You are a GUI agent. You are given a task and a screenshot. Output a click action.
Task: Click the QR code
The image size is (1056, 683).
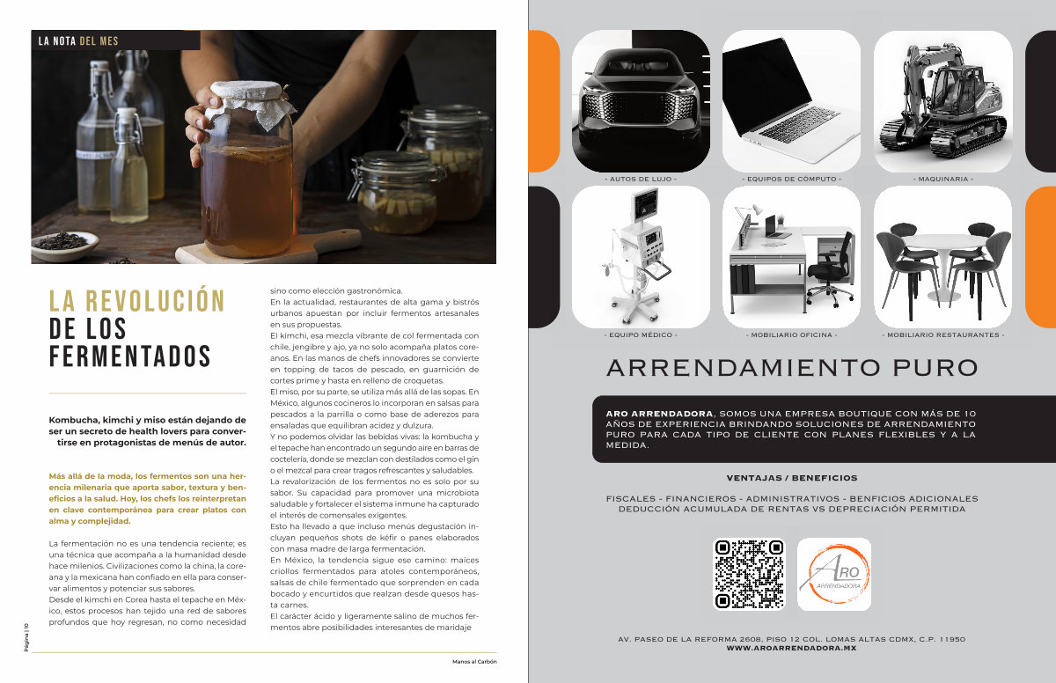coord(749,574)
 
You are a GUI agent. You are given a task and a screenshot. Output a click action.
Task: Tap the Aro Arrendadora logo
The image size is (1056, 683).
coord(834,574)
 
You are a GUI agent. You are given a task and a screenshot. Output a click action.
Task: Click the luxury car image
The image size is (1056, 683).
coord(641,101)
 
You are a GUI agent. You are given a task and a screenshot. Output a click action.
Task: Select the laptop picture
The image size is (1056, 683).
coord(791,101)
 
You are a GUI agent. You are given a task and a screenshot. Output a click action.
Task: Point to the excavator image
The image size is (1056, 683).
coord(942,101)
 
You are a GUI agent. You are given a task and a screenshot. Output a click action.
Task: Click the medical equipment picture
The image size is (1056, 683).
coord(641,257)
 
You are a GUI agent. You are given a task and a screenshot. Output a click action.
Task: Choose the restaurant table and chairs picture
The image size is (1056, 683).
coord(942,257)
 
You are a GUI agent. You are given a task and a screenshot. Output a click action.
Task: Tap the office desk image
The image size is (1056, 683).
coord(791,257)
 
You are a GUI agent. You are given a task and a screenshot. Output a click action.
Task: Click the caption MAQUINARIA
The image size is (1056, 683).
coord(942,180)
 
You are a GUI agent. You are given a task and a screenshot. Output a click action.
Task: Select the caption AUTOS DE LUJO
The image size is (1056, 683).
coord(641,180)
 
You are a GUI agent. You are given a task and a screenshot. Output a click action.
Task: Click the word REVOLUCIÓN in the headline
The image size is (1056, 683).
coord(155,301)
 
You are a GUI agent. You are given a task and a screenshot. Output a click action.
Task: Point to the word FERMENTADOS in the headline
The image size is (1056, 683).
coord(129,356)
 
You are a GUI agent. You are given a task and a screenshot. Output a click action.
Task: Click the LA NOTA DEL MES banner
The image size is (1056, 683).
coord(115,40)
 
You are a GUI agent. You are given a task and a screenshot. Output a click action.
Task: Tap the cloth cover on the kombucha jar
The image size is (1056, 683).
coord(250,101)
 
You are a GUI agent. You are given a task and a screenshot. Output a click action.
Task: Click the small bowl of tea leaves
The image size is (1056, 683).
coord(65,245)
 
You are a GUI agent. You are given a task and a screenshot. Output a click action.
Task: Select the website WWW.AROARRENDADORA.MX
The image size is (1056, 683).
coord(791,648)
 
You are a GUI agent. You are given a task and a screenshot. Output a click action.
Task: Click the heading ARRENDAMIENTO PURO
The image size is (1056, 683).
coord(792,368)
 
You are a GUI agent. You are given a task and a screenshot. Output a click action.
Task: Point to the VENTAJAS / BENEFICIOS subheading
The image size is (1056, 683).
coord(792,478)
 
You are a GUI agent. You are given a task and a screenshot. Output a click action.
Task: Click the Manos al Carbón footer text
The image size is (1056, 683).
coord(474,662)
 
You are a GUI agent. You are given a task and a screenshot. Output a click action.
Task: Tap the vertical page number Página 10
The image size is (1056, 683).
coord(26,637)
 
